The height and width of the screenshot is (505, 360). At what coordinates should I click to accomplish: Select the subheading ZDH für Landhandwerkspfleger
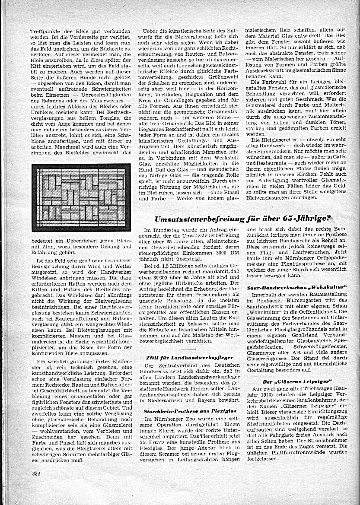[190, 358]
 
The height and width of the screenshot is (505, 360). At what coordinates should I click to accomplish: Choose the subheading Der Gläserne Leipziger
[297, 381]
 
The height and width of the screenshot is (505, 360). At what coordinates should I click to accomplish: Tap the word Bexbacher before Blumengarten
[273, 304]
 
